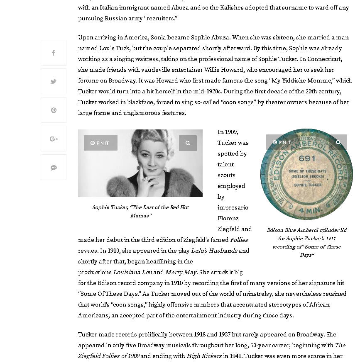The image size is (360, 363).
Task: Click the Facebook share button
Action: [54, 53]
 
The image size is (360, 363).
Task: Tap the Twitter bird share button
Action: [54, 81]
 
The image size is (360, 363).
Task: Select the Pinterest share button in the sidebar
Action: [54, 110]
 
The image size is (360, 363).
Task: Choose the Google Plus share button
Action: [54, 139]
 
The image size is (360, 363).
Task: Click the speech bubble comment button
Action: [54, 167]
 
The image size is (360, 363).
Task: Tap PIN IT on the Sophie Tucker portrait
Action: [100, 143]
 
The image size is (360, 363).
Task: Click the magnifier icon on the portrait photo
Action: [188, 143]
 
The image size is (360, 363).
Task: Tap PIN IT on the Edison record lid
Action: [282, 142]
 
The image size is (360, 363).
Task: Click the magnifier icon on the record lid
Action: [338, 142]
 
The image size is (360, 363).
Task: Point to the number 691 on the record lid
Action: [307, 158]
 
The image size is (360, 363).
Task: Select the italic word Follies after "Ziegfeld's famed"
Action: [239, 240]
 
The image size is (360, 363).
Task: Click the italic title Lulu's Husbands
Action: [214, 251]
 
